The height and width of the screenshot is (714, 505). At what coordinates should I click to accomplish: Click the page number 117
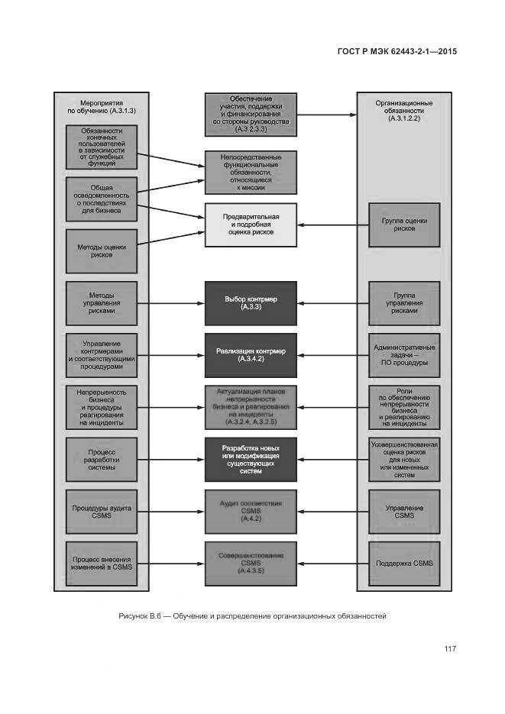450,649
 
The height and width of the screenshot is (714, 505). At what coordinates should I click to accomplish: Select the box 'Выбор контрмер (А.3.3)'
250,303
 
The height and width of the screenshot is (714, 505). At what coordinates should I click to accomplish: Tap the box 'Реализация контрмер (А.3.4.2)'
250,354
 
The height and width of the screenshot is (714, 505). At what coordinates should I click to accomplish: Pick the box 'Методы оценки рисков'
102,251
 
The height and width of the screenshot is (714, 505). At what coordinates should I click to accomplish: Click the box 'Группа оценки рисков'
404,225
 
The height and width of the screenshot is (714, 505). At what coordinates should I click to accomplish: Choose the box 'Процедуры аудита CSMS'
102,511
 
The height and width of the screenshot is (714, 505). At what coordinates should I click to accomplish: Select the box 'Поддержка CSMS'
404,564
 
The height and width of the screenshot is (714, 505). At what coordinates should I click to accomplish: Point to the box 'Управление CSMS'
404,511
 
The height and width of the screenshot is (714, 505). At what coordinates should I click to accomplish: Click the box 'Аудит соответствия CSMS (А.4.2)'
250,511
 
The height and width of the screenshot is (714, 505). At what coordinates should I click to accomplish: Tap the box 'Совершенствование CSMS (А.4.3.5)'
250,564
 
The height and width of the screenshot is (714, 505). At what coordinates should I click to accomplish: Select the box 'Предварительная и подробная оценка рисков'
250,225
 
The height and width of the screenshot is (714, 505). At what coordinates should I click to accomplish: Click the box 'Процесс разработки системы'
102,459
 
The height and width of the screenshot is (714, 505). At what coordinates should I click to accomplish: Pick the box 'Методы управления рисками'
102,303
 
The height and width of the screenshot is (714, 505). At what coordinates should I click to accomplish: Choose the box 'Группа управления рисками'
404,303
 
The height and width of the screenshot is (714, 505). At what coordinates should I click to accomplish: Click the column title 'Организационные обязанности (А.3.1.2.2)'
404,111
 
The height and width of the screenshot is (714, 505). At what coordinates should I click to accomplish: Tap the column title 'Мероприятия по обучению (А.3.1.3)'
102,107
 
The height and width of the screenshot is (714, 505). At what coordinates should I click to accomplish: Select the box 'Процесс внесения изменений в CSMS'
102,564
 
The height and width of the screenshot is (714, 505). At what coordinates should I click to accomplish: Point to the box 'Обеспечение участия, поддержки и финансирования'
250,115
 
